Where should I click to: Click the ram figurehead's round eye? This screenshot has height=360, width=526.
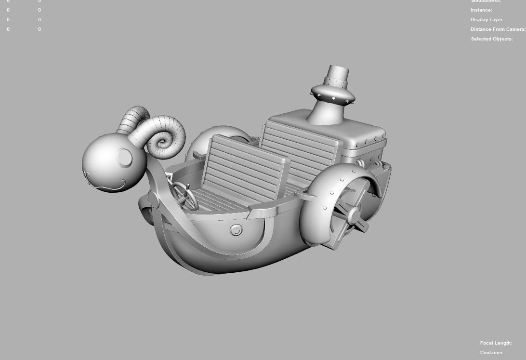pos(124,158)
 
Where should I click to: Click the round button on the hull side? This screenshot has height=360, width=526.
pos(236,230)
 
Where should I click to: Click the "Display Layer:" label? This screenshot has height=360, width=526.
pos(487,20)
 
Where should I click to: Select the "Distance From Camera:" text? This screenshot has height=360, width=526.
pos(498,29)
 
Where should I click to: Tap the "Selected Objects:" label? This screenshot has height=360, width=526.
pos(491,39)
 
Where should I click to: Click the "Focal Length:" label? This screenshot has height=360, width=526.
pos(496,343)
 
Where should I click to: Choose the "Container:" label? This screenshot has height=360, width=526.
pos(492,353)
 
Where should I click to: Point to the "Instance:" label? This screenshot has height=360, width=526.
pos(481,10)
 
